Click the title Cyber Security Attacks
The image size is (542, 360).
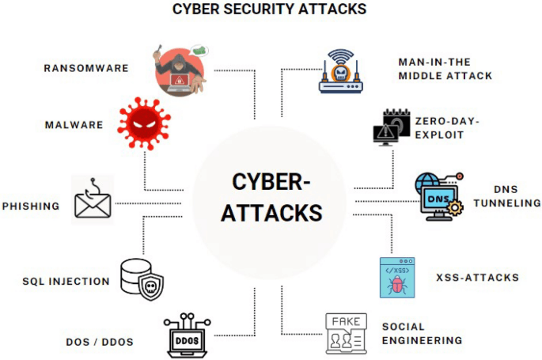pyautogui.click(x=270, y=10)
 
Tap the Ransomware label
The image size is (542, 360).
pyautogui.click(x=86, y=68)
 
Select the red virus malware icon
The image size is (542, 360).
pyautogui.click(x=143, y=123)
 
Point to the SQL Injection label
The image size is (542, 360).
pyautogui.click(x=66, y=281)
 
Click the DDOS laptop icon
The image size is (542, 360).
pyautogui.click(x=188, y=336)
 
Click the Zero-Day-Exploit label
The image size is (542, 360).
pyautogui.click(x=447, y=128)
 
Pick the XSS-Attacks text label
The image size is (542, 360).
pyautogui.click(x=477, y=277)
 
